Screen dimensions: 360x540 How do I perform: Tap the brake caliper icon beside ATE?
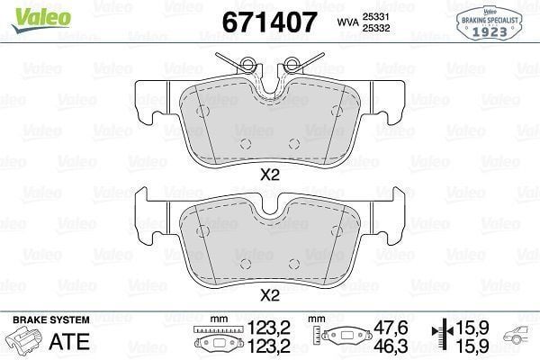tap(26, 341)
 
